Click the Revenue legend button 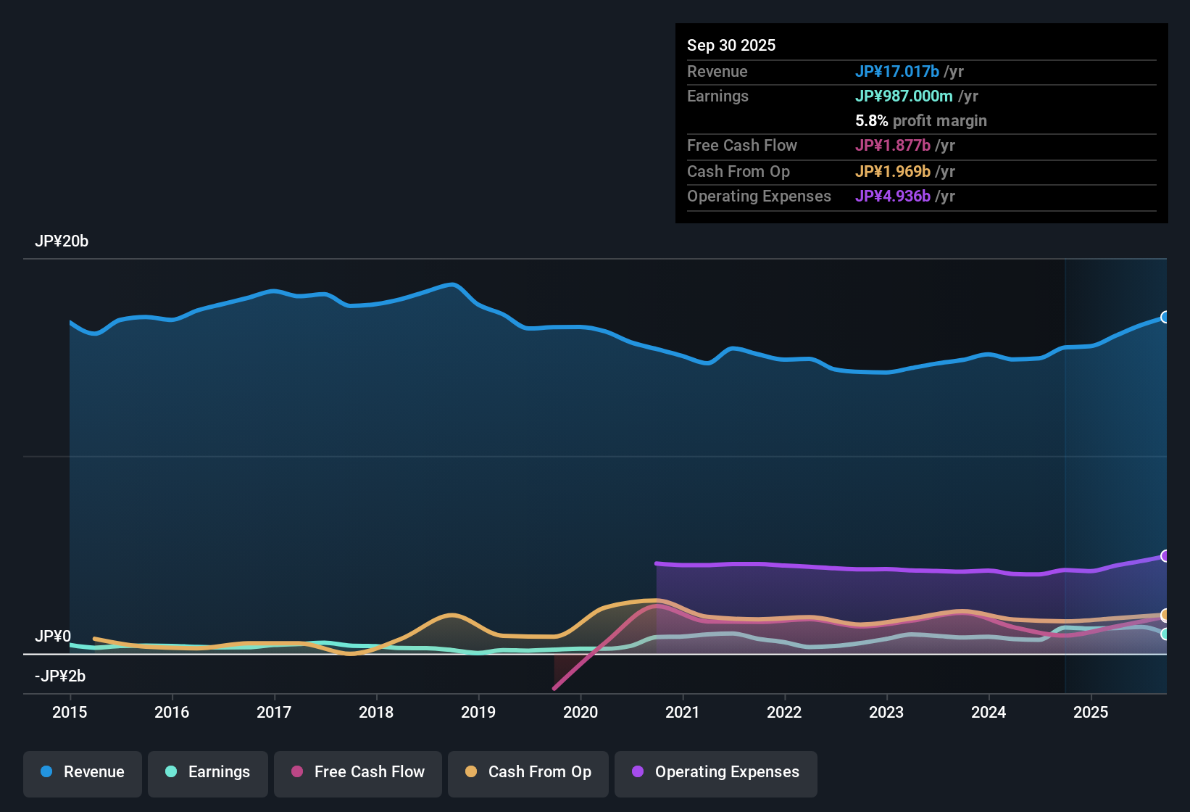pos(83,772)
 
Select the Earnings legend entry pos(208,772)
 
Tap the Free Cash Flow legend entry pos(358,772)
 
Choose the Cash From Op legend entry pos(528,772)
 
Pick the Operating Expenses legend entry pos(716,772)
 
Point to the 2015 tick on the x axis pos(70,712)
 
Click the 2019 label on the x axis pos(478,712)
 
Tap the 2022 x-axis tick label pos(784,712)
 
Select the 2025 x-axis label pos(1091,712)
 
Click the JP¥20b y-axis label pos(62,241)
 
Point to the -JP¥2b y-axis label pos(60,676)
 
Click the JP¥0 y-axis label pos(53,637)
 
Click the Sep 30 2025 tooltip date pos(731,45)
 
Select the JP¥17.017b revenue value pos(896,71)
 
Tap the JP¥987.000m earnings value pos(904,96)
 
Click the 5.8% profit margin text pos(921,121)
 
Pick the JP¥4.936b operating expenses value pos(892,196)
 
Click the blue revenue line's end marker pos(1165,317)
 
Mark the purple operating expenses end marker pos(1165,556)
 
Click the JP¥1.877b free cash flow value pos(892,146)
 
